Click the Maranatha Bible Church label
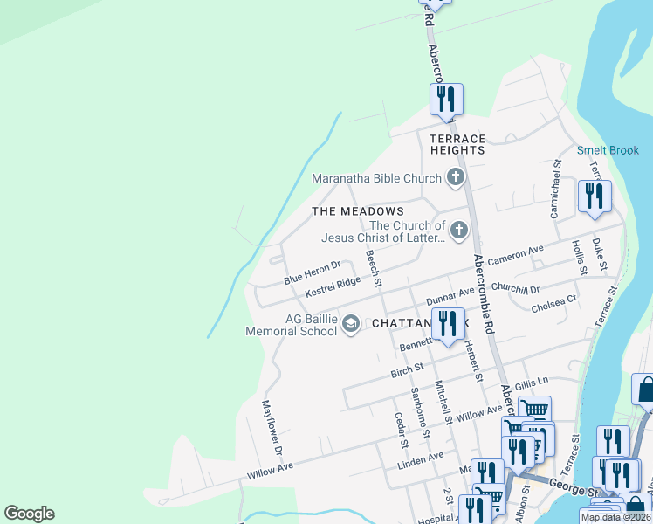coord(377,179)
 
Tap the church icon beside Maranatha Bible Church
coord(455,178)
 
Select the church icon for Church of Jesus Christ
coord(458,231)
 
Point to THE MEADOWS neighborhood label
coord(358,211)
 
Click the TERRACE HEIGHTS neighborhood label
coord(457,145)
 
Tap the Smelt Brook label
coord(608,150)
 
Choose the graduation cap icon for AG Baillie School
coord(351,324)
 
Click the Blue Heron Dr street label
coord(312,272)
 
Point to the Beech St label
coord(374,268)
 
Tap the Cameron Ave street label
coord(515,256)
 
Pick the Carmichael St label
coord(554,190)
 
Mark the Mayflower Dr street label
coord(272,428)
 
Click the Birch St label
coord(407,371)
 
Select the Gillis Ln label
coord(532,383)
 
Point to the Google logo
coord(29,514)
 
